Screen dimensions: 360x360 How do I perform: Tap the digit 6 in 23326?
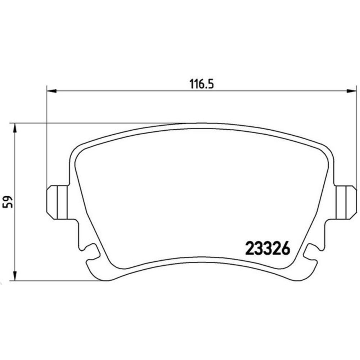(285, 248)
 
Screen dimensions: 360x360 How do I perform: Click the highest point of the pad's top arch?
(202, 124)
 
